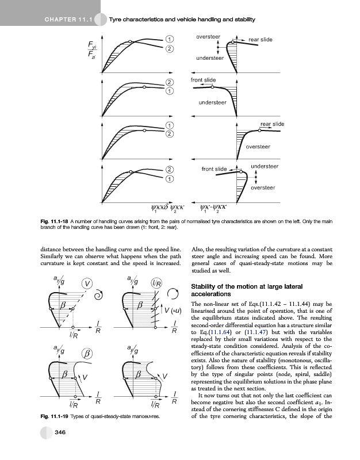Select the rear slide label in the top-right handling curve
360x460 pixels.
[x=260, y=39]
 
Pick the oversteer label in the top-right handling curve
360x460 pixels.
[x=208, y=36]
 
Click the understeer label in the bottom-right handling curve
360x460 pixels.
[x=265, y=166]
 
